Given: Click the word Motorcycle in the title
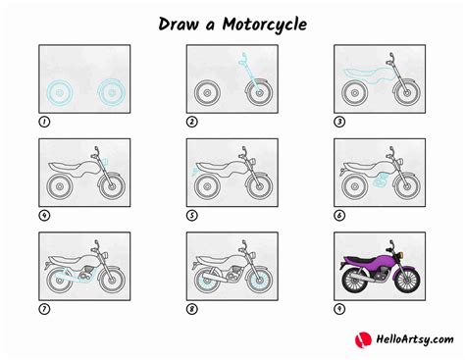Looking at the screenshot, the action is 265,25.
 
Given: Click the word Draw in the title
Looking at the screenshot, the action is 179,24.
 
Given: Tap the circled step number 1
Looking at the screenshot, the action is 44,122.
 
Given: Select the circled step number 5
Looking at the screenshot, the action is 192,216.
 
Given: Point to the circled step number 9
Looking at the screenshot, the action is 339,309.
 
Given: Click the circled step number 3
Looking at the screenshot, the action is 339,122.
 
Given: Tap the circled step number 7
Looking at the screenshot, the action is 44,309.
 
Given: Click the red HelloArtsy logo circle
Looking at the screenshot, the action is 363,340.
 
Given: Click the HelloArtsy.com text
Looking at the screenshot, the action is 415,339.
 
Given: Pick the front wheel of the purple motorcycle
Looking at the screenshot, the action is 407,281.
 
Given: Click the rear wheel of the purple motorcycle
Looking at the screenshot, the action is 355,281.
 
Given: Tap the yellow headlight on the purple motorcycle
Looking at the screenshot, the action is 400,254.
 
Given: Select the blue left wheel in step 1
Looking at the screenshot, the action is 60,93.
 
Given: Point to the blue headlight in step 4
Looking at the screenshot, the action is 105,162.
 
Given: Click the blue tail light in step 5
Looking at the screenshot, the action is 195,171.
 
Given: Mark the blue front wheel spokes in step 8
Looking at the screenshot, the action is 260,281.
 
